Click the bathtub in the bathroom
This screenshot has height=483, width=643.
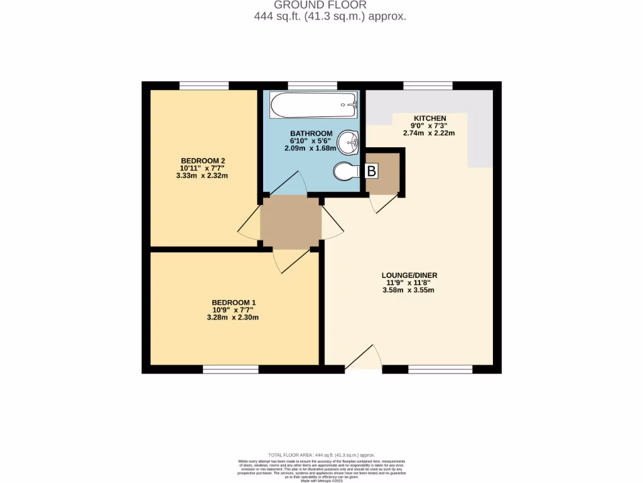313,106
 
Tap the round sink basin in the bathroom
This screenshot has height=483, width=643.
347,143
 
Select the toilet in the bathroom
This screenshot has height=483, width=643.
346,171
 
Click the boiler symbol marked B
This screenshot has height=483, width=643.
372,170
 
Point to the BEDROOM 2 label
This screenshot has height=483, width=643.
203,160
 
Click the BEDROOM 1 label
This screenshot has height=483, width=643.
233,303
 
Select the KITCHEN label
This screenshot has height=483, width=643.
430,118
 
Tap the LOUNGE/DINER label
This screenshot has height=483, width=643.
409,275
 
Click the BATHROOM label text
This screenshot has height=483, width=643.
311,133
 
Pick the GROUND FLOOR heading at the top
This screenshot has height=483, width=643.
321,5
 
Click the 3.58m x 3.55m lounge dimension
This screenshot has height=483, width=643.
409,290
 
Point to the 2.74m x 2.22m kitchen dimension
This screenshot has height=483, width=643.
430,133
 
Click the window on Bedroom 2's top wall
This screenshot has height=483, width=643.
204,86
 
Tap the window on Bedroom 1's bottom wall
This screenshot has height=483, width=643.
230,370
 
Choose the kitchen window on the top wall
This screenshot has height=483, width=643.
428,86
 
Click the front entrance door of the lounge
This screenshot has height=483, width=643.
363,358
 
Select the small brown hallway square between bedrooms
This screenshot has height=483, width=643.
291,222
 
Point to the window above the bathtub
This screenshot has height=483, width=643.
312,86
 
